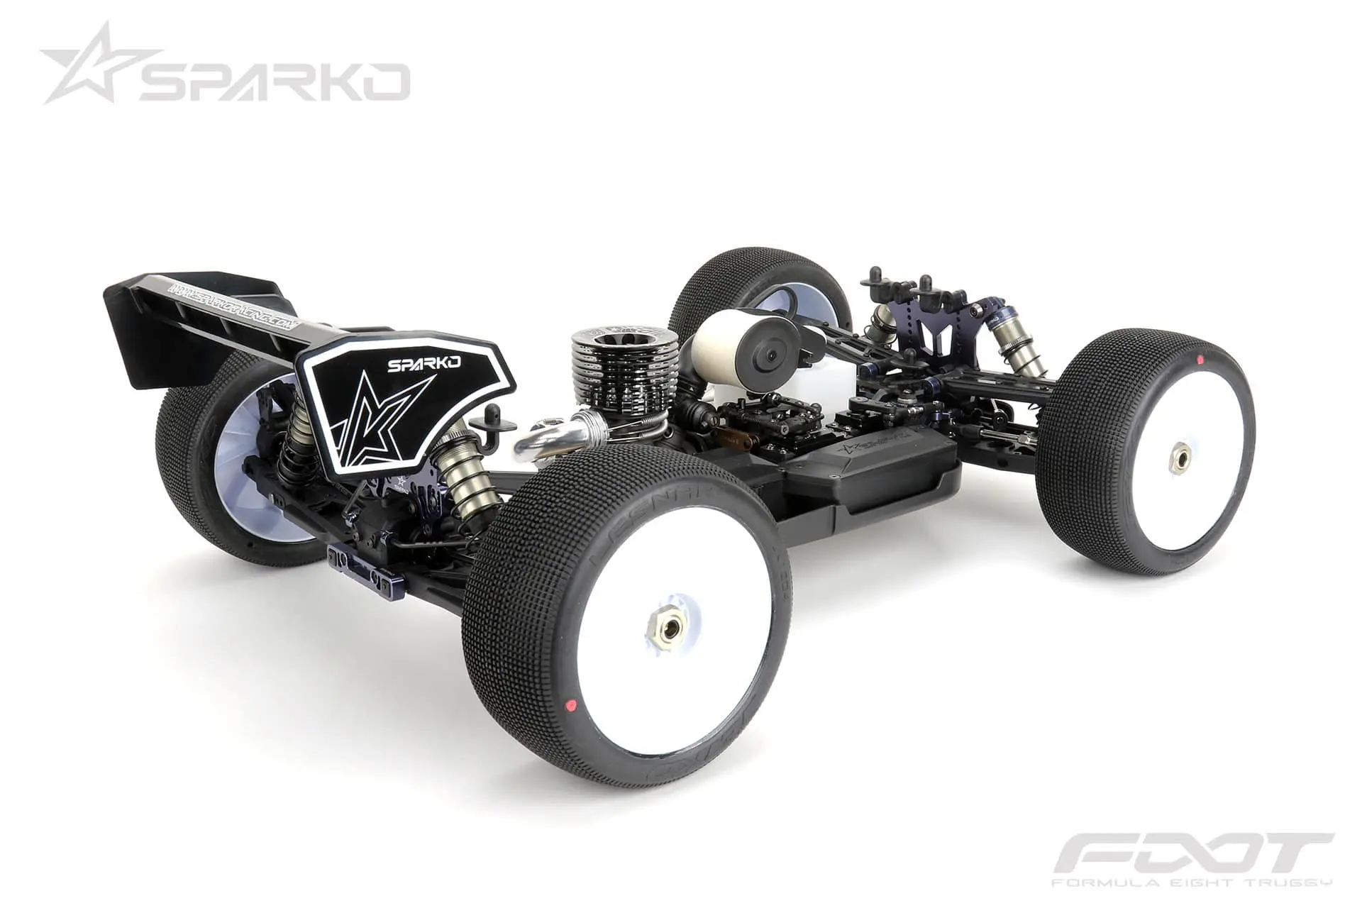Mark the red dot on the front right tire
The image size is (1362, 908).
tap(1200, 360)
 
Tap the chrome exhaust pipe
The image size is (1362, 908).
tap(560, 439)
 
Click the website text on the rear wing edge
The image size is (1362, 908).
tap(234, 304)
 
